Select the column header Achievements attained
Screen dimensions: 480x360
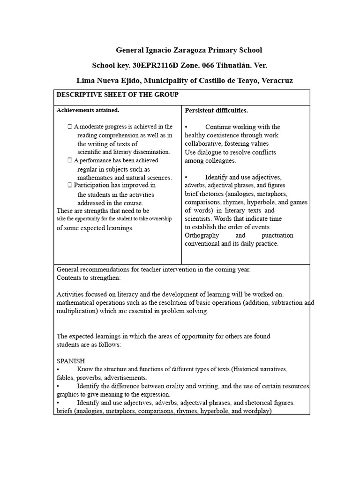(88, 110)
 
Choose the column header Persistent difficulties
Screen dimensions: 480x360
(216, 110)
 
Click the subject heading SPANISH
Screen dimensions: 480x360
(71, 361)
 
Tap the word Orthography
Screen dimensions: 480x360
(202, 235)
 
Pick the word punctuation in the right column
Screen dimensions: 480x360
(277, 235)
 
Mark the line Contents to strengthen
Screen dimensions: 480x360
(89, 277)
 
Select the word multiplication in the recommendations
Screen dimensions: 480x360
(77, 311)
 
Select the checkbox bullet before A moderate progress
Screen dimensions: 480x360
(70, 127)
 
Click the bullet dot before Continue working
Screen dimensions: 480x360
(187, 127)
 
